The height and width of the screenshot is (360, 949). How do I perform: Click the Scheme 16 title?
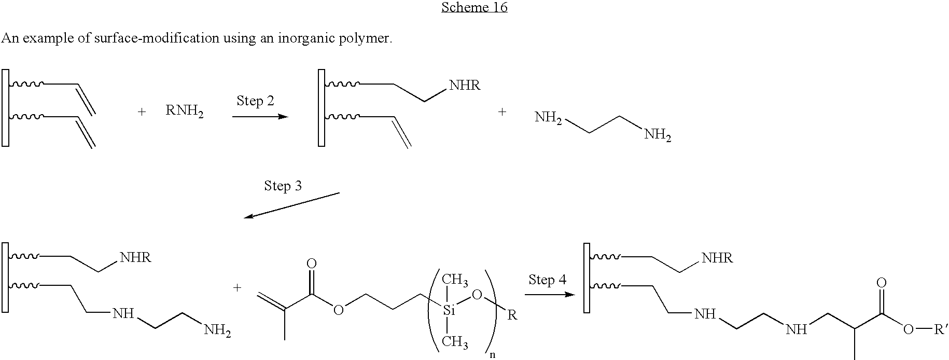(474, 7)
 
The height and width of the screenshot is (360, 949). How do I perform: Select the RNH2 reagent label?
(185, 112)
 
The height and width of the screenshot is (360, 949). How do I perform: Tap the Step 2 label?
(255, 100)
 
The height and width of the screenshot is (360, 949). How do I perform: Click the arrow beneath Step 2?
(260, 117)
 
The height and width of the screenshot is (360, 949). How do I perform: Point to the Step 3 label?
(283, 186)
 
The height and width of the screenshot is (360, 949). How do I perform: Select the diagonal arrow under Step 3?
(291, 205)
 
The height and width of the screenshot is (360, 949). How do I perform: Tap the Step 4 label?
(548, 280)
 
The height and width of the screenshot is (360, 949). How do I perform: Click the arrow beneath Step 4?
(550, 295)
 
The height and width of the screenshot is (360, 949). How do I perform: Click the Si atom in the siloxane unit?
(449, 311)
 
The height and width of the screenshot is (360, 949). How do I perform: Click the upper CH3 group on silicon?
(455, 281)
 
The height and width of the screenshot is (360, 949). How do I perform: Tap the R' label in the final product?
(940, 329)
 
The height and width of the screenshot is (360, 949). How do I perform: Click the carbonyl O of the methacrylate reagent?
(312, 264)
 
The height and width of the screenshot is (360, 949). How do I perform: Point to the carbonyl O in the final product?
(881, 283)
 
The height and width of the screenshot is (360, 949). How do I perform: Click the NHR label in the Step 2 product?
(465, 86)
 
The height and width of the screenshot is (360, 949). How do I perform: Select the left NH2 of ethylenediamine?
(549, 118)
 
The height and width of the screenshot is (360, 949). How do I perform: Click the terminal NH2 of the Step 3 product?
(217, 330)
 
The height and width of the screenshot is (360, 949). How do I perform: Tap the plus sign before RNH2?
(142, 112)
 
